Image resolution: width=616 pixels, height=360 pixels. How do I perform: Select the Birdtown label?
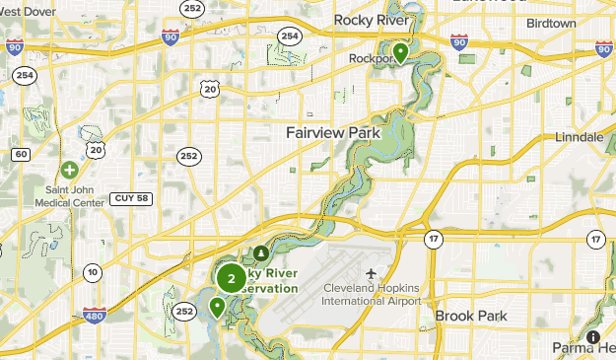pyautogui.click(x=551, y=22)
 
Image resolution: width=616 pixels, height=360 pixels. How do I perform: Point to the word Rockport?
pyautogui.click(x=372, y=58)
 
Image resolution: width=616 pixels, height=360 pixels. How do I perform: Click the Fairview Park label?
pyautogui.click(x=331, y=132)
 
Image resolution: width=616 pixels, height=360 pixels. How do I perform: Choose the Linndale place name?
pyautogui.click(x=579, y=136)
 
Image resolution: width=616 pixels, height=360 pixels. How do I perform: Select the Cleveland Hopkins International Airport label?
pyautogui.click(x=373, y=294)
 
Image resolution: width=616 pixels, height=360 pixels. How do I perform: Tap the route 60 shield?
pyautogui.click(x=21, y=154)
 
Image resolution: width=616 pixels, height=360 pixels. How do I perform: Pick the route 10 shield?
pyautogui.click(x=92, y=272)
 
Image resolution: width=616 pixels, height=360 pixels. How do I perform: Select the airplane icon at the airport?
pyautogui.click(x=372, y=272)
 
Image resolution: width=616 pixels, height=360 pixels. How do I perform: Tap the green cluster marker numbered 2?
pyautogui.click(x=232, y=278)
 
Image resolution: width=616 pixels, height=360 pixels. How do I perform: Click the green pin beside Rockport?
pyautogui.click(x=400, y=51)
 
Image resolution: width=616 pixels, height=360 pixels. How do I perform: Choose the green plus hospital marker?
pyautogui.click(x=69, y=170)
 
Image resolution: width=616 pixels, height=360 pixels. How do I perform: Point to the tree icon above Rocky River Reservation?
pyautogui.click(x=260, y=253)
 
